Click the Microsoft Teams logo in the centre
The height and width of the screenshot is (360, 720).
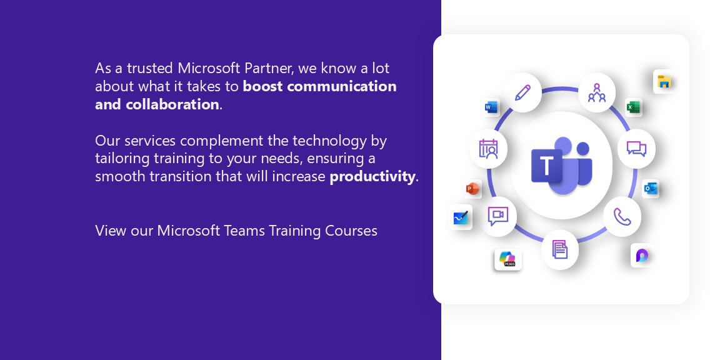pyautogui.click(x=562, y=165)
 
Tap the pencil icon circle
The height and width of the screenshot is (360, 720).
pyautogui.click(x=522, y=92)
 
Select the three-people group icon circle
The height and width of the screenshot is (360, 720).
pyautogui.click(x=596, y=92)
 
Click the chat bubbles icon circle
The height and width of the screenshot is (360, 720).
pyautogui.click(x=636, y=148)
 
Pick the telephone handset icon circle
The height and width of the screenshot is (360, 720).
pyautogui.click(x=622, y=217)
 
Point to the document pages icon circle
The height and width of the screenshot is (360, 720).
pyautogui.click(x=560, y=249)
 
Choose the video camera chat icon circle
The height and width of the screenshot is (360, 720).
pyautogui.click(x=497, y=216)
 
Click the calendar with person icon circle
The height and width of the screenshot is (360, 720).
pyautogui.click(x=488, y=148)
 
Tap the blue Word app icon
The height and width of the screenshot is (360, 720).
pyautogui.click(x=491, y=107)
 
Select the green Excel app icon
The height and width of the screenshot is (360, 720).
pyautogui.click(x=632, y=107)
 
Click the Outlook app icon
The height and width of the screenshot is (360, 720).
pyautogui.click(x=650, y=188)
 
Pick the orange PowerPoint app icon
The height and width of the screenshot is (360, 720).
pyautogui.click(x=472, y=189)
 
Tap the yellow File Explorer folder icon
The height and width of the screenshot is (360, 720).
pyautogui.click(x=664, y=82)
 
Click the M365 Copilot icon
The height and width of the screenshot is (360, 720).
pyautogui.click(x=508, y=259)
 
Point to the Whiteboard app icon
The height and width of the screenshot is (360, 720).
pyautogui.click(x=461, y=217)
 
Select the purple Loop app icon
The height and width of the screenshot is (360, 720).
pyautogui.click(x=641, y=255)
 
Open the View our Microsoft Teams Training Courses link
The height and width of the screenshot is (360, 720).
pyautogui.click(x=236, y=231)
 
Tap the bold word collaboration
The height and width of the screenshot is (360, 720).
pyautogui.click(x=172, y=104)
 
